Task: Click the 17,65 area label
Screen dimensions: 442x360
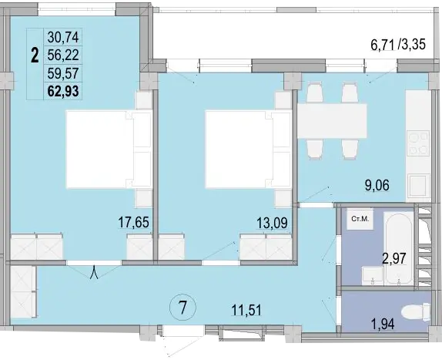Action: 133,222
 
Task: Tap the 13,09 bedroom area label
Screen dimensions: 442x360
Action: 272,223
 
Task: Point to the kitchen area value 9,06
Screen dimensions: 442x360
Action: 377,185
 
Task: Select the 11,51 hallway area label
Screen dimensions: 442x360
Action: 246,311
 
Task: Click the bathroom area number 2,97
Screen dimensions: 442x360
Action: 393,258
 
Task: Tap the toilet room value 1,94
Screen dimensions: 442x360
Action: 382,324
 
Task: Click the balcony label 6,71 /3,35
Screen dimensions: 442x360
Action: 398,45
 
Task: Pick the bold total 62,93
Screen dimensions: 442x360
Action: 63,91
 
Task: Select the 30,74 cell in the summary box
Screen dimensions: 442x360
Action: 63,37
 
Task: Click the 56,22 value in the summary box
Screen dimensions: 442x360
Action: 63,55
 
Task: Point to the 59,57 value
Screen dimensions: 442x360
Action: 63,73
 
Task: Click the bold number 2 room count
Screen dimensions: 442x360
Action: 35,56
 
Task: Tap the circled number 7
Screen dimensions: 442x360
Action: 182,308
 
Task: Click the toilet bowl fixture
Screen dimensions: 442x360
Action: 416,313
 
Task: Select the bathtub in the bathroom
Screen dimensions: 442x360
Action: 399,249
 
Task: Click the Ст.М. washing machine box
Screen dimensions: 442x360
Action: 360,219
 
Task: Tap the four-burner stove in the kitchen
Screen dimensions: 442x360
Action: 418,143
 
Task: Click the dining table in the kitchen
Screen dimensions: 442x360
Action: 332,121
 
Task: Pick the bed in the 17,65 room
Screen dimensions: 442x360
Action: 109,150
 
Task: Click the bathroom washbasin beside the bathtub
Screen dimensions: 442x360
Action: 373,275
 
